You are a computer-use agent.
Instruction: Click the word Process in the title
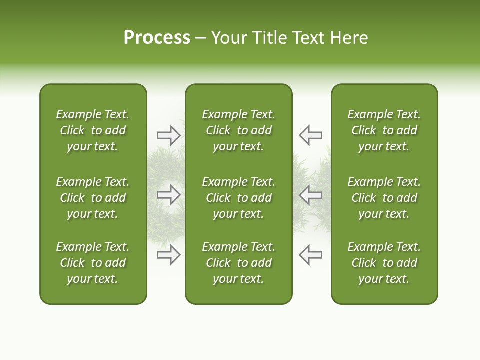[157, 37]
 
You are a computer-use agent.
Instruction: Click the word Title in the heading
[269, 37]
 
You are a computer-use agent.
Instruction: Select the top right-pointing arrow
[168, 135]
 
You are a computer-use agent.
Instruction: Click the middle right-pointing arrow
[168, 195]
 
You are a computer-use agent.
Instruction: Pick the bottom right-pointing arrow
[168, 255]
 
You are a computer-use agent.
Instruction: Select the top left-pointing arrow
[310, 135]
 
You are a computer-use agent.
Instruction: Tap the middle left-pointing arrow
[310, 195]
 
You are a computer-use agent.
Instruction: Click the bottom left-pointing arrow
[310, 255]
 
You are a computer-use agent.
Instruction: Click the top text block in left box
[93, 130]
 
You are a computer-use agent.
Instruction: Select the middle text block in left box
[93, 198]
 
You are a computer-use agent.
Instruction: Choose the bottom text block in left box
[93, 263]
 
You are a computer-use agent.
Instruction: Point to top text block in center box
[238, 130]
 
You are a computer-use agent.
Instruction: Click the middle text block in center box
[238, 198]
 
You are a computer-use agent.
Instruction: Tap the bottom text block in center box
[238, 263]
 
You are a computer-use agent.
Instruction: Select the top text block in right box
[384, 130]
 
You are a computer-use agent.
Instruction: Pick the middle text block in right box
[384, 198]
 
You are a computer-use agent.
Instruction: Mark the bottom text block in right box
[384, 263]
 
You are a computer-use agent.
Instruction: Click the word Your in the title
[229, 37]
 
